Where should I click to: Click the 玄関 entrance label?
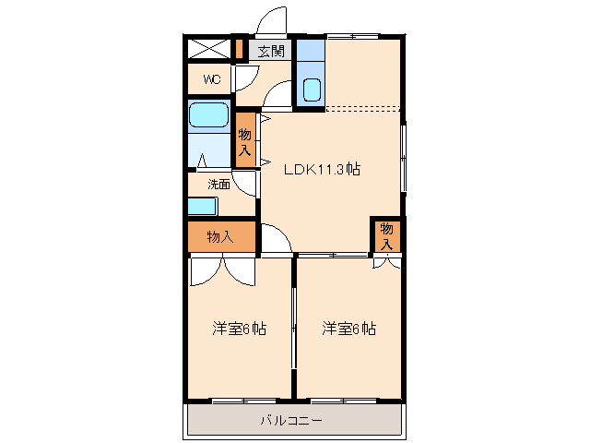[x=270, y=51]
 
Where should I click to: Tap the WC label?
[x=212, y=79]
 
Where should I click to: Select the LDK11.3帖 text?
[x=322, y=170]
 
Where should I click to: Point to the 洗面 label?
[x=218, y=184]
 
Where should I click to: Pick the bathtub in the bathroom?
[x=209, y=115]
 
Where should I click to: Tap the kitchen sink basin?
[x=311, y=90]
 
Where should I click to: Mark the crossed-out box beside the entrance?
[x=207, y=49]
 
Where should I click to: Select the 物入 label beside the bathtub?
[x=245, y=141]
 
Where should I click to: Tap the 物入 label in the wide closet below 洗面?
[x=219, y=237]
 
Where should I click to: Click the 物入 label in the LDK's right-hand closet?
[x=387, y=235]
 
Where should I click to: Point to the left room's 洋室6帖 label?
[x=239, y=328]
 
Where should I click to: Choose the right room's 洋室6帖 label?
[x=348, y=328]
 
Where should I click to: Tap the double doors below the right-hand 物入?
[x=387, y=262]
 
